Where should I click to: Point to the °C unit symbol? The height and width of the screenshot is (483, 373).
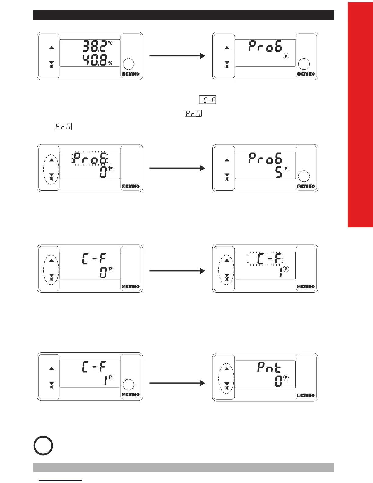pyautogui.click(x=110, y=43)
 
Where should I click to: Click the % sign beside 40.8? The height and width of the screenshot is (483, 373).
pyautogui.click(x=110, y=63)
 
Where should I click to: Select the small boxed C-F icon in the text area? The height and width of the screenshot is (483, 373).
pyautogui.click(x=208, y=100)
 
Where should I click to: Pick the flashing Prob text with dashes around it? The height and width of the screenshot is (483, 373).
pyautogui.click(x=90, y=159)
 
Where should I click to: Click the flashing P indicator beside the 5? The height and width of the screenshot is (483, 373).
pyautogui.click(x=286, y=168)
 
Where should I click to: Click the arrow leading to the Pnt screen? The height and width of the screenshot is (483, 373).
pyautogui.click(x=177, y=383)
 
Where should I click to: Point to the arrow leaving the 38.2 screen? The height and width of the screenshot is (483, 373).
pyautogui.click(x=177, y=56)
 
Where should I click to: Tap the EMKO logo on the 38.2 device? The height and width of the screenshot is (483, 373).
pyautogui.click(x=131, y=74)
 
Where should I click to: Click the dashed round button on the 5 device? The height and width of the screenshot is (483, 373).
pyautogui.click(x=304, y=176)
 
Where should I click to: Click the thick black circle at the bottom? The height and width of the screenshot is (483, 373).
pyautogui.click(x=43, y=445)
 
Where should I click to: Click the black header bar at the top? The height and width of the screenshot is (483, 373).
pyautogui.click(x=183, y=15)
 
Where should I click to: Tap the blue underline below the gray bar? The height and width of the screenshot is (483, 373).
pyautogui.click(x=61, y=480)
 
